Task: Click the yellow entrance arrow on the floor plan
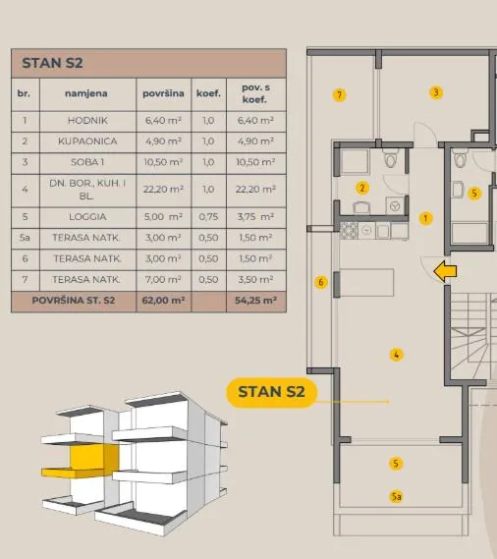tap(445, 271)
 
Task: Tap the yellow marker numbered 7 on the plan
tap(339, 95)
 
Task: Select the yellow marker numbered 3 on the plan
tap(436, 92)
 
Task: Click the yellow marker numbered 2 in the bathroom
tap(362, 188)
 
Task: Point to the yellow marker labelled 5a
tap(396, 496)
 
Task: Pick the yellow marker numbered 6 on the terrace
tap(321, 282)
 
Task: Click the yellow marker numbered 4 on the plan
tap(396, 355)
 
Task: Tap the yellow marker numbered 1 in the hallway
tap(425, 218)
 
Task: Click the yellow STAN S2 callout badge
tap(272, 392)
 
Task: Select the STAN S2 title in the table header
tap(52, 63)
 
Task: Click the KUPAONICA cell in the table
tap(87, 141)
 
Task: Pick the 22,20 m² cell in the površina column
tap(164, 190)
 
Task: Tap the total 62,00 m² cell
tap(163, 301)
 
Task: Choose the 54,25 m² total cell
tap(256, 301)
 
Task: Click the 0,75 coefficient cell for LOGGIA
tap(208, 217)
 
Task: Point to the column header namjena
tap(86, 93)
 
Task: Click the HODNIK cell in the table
tap(87, 121)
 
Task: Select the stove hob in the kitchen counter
tap(349, 231)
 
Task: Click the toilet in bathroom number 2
tap(390, 158)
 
